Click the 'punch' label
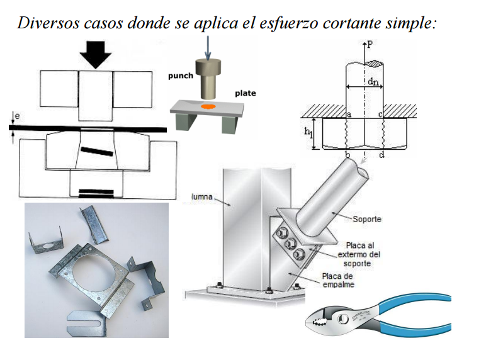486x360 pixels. tap(180, 76)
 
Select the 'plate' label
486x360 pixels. tap(245, 93)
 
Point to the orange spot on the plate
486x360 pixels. tap(209, 108)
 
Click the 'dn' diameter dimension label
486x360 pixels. tap(373, 81)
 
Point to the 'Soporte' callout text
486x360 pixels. tap(367, 220)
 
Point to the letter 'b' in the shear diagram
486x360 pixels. tap(348, 154)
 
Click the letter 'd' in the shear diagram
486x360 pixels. tap(383, 154)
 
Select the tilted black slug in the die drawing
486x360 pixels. tap(96, 153)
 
